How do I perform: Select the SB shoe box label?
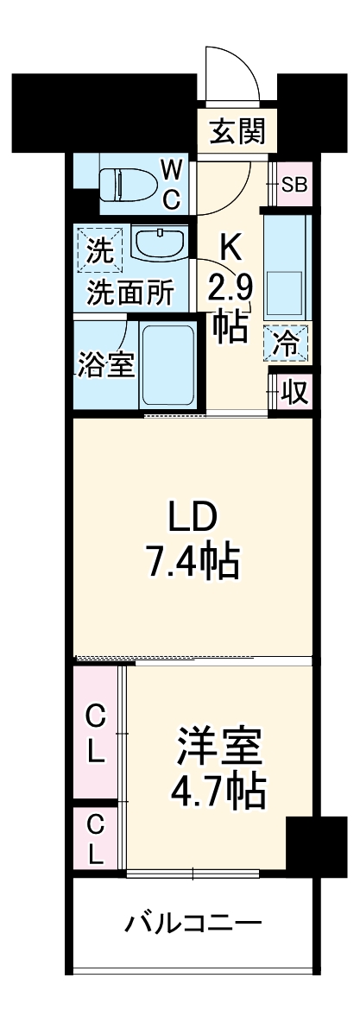coord(294,185)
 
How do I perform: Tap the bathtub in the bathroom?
coord(167,365)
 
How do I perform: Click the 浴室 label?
coord(104,364)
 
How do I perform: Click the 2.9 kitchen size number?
coord(230,287)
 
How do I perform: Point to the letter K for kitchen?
coord(231,248)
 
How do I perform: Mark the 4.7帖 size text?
coord(218,792)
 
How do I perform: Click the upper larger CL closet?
coord(97,733)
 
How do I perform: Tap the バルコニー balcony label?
coord(193,924)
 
